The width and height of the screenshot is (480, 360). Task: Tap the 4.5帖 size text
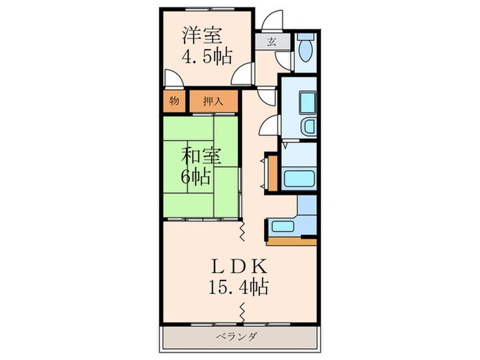tap(204, 56)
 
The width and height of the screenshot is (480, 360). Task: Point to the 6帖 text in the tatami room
tap(197, 176)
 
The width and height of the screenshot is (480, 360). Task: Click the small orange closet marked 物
tap(173, 101)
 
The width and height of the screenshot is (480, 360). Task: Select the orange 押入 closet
tap(213, 101)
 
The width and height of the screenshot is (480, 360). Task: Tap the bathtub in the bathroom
tap(299, 179)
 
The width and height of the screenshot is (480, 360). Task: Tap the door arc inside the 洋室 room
tap(242, 77)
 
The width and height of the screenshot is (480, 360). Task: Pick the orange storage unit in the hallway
tap(272, 174)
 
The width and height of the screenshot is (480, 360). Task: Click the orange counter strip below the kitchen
tap(291, 241)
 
